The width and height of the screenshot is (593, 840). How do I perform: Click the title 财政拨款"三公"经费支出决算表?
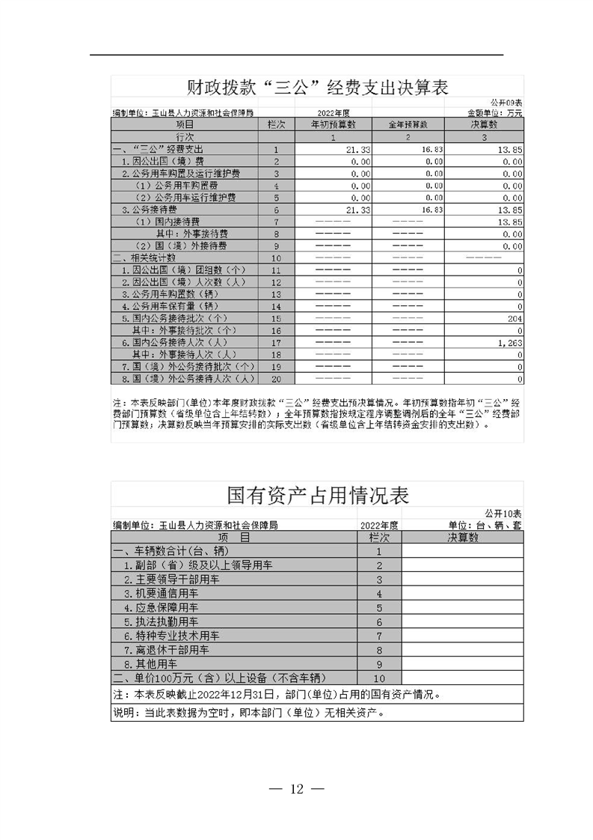[317, 87]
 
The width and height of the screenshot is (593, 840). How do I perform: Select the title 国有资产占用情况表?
[317, 495]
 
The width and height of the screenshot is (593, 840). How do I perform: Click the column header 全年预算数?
[408, 125]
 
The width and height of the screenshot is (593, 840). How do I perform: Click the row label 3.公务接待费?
[149, 210]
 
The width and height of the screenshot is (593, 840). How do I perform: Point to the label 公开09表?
[506, 102]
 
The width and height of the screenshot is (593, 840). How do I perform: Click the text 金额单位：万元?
[494, 113]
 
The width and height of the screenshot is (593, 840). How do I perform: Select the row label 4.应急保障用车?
[161, 607]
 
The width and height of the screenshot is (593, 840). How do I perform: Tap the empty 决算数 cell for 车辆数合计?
[462, 551]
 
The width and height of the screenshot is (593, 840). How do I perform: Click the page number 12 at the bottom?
[296, 788]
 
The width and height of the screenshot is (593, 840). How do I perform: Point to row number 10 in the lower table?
[379, 678]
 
